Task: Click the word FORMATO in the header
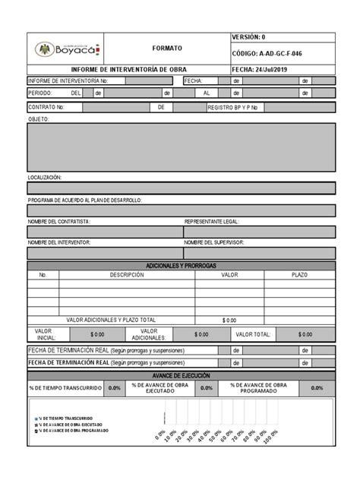coord(167,48)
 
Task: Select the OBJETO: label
coord(39,119)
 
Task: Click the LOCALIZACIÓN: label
coord(45,177)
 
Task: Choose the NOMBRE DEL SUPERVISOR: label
coord(218,242)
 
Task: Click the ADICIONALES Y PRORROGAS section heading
coord(181,265)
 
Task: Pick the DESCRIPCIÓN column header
coord(127,275)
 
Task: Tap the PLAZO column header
coord(299,275)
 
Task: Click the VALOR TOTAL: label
coord(253,333)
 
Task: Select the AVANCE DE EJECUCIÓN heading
coord(181,376)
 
